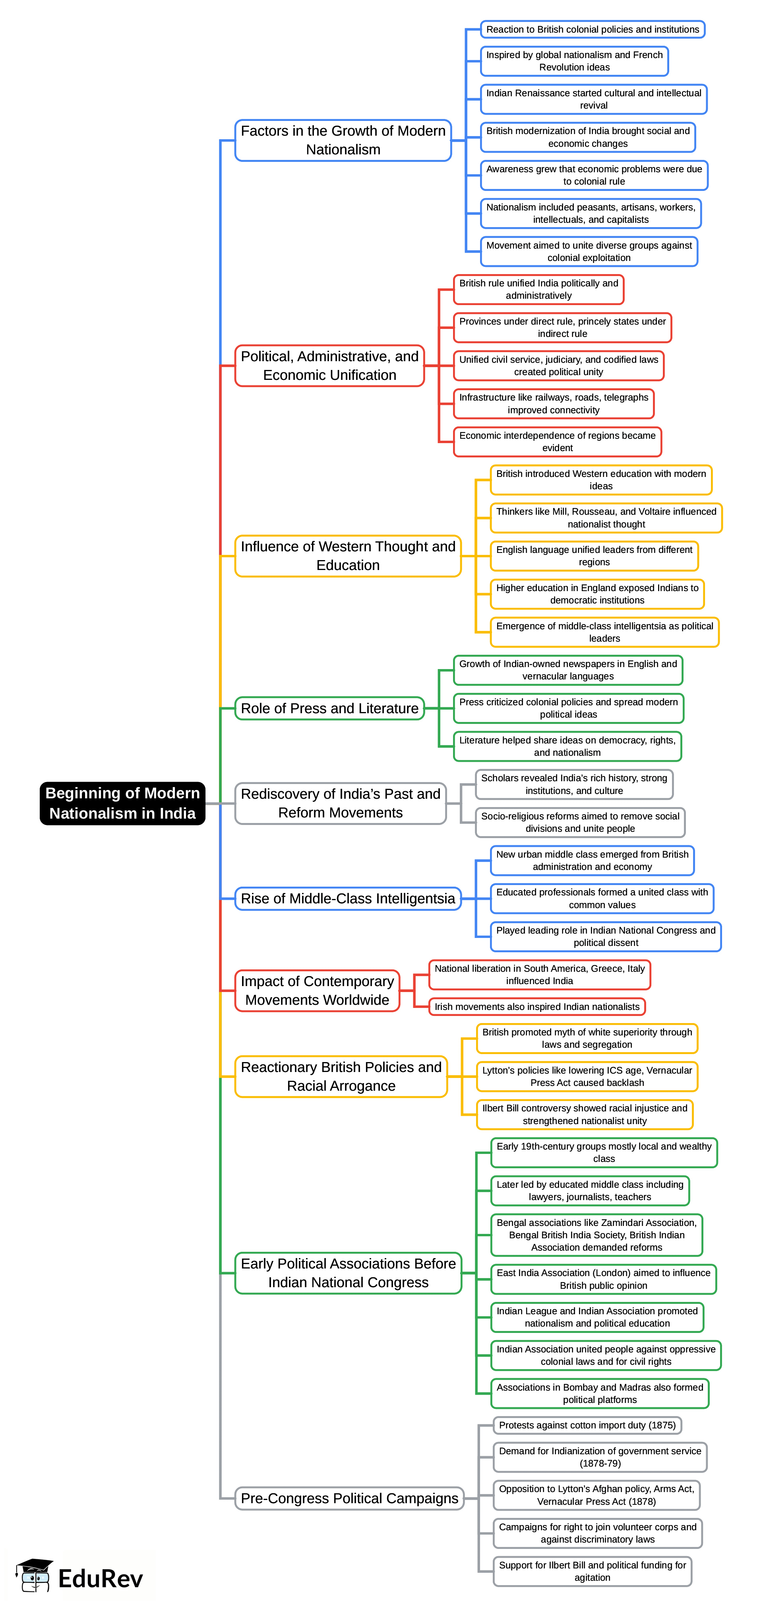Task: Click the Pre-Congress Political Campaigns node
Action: click(x=349, y=1498)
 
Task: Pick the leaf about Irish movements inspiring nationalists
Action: click(x=537, y=1006)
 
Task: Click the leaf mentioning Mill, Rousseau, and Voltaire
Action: click(x=606, y=518)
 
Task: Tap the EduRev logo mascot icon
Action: click(x=34, y=1576)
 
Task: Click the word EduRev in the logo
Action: click(x=101, y=1578)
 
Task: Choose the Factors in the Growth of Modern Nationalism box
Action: click(x=343, y=140)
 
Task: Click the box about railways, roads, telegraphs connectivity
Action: click(x=554, y=404)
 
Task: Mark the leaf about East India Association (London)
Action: click(x=603, y=1279)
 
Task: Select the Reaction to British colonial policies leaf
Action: click(x=592, y=29)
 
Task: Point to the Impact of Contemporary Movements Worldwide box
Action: click(x=317, y=990)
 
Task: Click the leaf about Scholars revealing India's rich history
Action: click(x=573, y=784)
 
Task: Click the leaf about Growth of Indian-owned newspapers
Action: click(x=568, y=670)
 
